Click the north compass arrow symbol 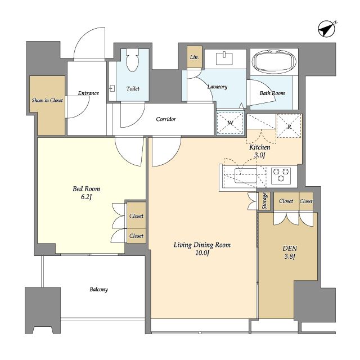326,29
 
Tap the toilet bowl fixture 133,60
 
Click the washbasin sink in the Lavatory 224,58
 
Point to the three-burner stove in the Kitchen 281,175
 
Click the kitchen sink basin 246,175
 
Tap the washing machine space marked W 230,123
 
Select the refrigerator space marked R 289,126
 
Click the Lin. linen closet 195,57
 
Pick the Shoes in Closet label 47,100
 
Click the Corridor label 166,119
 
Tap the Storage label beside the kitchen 264,201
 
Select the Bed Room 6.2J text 86,193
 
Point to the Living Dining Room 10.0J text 202,249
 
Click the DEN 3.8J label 290,252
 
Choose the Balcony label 99,289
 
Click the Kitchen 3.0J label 260,151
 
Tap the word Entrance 88,93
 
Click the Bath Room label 272,93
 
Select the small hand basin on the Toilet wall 112,88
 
